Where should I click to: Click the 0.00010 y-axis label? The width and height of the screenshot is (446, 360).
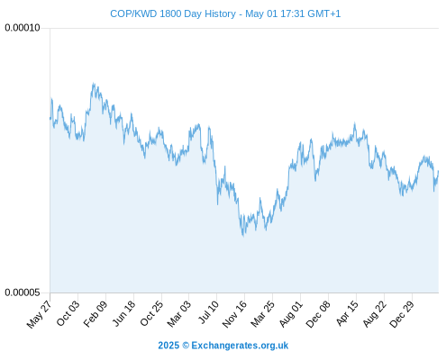click(x=23, y=28)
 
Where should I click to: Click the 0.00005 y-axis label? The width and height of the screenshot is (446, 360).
click(x=23, y=292)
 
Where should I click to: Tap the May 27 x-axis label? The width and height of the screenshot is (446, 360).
click(x=39, y=314)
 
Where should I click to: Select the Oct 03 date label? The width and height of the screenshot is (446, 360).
click(x=68, y=313)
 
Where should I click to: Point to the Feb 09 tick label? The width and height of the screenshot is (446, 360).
click(x=95, y=314)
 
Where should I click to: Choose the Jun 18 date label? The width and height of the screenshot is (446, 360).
click(x=123, y=313)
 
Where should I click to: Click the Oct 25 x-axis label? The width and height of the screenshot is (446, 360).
click(x=151, y=313)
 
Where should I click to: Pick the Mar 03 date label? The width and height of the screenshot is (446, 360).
click(x=178, y=314)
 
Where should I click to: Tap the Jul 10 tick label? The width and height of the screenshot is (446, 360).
click(x=208, y=312)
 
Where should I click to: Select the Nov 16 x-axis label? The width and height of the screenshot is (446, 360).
click(x=234, y=314)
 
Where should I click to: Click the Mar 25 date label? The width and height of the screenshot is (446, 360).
click(x=262, y=314)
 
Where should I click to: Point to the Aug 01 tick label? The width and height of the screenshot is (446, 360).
click(x=291, y=314)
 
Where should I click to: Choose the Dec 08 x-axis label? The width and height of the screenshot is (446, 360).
click(x=318, y=314)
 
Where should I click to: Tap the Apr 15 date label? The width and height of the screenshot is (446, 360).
click(x=347, y=313)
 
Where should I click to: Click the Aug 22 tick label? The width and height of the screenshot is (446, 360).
click(x=374, y=314)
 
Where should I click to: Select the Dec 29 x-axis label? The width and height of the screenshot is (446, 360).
click(x=402, y=314)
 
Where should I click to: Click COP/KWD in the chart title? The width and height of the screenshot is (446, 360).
click(x=133, y=13)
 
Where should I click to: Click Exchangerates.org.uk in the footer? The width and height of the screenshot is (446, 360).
click(x=240, y=346)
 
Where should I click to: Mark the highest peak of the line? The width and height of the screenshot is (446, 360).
click(x=94, y=83)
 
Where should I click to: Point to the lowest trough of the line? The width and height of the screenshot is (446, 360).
click(x=243, y=236)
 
